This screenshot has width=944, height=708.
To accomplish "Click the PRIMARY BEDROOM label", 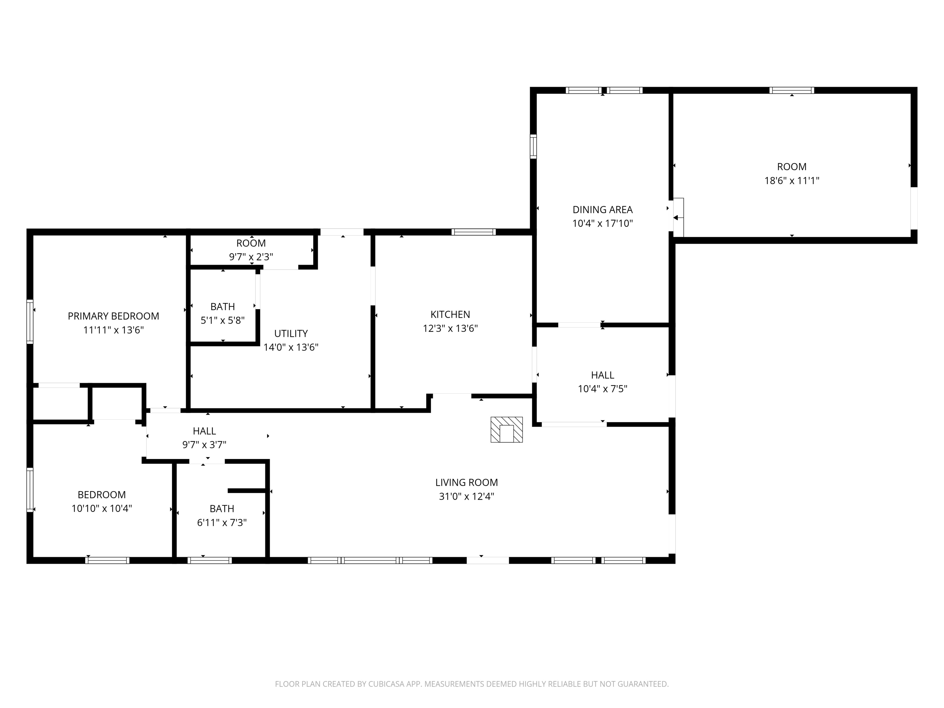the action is click(x=113, y=316).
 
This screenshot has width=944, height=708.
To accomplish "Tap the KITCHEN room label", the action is click(x=450, y=315).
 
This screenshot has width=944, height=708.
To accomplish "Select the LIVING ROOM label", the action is click(x=466, y=483).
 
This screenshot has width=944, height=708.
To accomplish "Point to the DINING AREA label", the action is click(x=603, y=210).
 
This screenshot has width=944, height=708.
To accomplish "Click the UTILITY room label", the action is click(x=291, y=333).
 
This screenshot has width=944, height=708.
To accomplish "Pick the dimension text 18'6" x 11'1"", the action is click(x=792, y=180).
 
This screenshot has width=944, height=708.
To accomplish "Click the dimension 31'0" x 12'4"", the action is click(x=466, y=496).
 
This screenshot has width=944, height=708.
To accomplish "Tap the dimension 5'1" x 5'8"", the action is click(x=223, y=320).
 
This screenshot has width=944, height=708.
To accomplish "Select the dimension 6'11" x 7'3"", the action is click(x=222, y=522).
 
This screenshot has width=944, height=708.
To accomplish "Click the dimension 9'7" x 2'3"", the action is click(x=251, y=257).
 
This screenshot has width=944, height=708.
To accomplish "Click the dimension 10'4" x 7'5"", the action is click(x=603, y=389).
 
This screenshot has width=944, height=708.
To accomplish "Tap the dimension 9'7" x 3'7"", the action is click(x=204, y=445).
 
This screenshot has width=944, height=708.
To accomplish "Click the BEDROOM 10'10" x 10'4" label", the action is click(x=102, y=502).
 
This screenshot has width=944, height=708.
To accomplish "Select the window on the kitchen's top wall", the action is click(x=474, y=232).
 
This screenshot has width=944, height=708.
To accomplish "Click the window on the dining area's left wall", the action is click(x=533, y=146).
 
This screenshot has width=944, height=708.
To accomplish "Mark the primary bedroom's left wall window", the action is click(x=30, y=321).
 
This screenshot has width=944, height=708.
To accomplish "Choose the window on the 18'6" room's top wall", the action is click(x=792, y=90).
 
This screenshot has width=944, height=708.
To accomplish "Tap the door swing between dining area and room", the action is click(x=678, y=217).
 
